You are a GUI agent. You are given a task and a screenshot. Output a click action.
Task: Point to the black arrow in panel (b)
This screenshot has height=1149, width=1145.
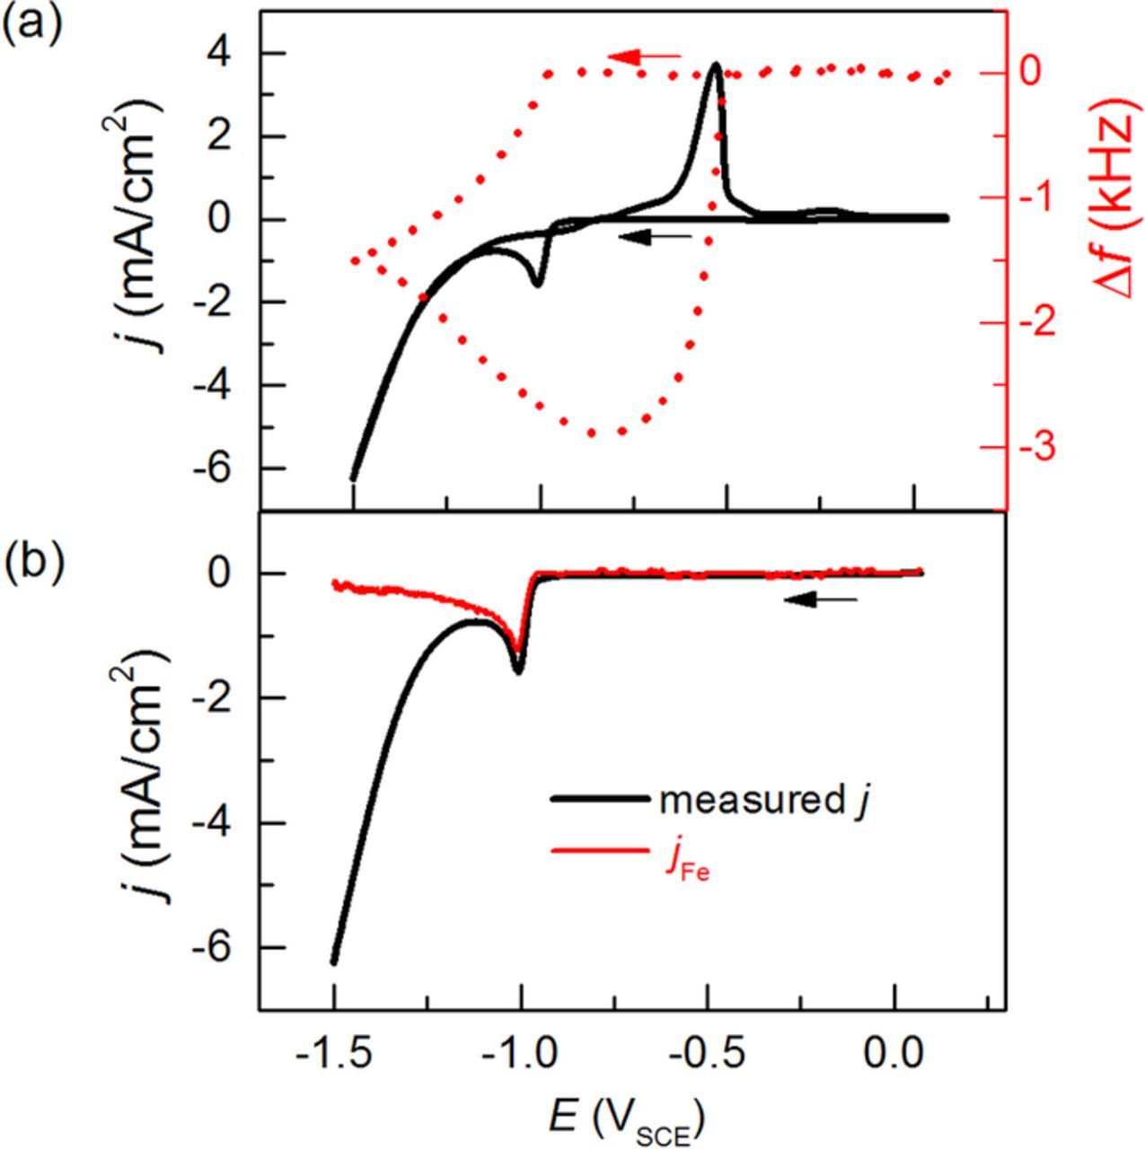pyautogui.click(x=820, y=600)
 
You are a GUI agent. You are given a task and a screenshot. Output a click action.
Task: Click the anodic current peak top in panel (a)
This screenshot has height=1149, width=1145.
pyautogui.click(x=715, y=66)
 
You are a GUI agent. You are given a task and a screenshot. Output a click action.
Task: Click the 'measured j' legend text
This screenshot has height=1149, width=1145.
pyautogui.click(x=764, y=800)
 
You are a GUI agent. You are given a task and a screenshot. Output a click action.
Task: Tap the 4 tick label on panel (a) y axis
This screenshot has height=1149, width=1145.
pyautogui.click(x=221, y=54)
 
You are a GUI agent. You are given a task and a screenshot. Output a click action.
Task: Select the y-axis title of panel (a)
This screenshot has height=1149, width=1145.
pyautogui.click(x=157, y=234)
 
